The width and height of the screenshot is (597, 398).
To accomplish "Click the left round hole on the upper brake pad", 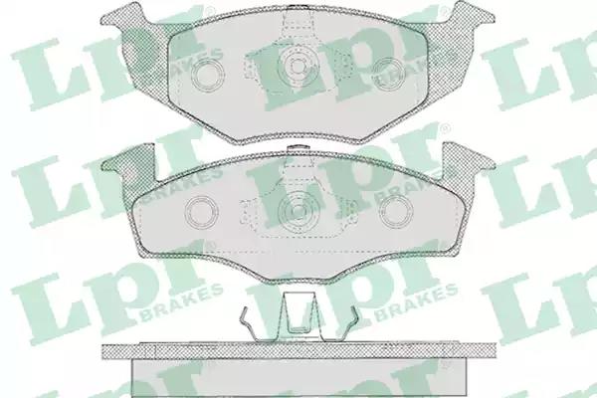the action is click(x=208, y=75).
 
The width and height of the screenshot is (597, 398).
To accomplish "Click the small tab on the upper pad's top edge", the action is click(x=298, y=7).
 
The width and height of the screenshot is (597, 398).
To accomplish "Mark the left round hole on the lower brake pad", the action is click(x=200, y=212).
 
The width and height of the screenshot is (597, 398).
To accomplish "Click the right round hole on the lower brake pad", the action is click(x=397, y=212).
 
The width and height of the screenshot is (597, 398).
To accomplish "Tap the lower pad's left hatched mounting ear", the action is click(x=129, y=167).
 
